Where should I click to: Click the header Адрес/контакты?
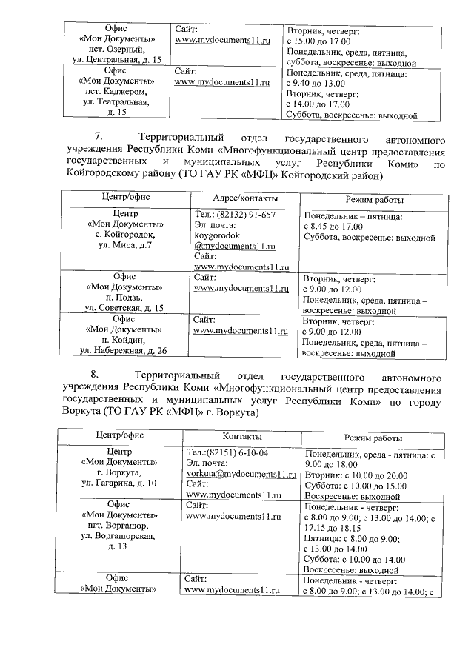pyautogui.click(x=245, y=199)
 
